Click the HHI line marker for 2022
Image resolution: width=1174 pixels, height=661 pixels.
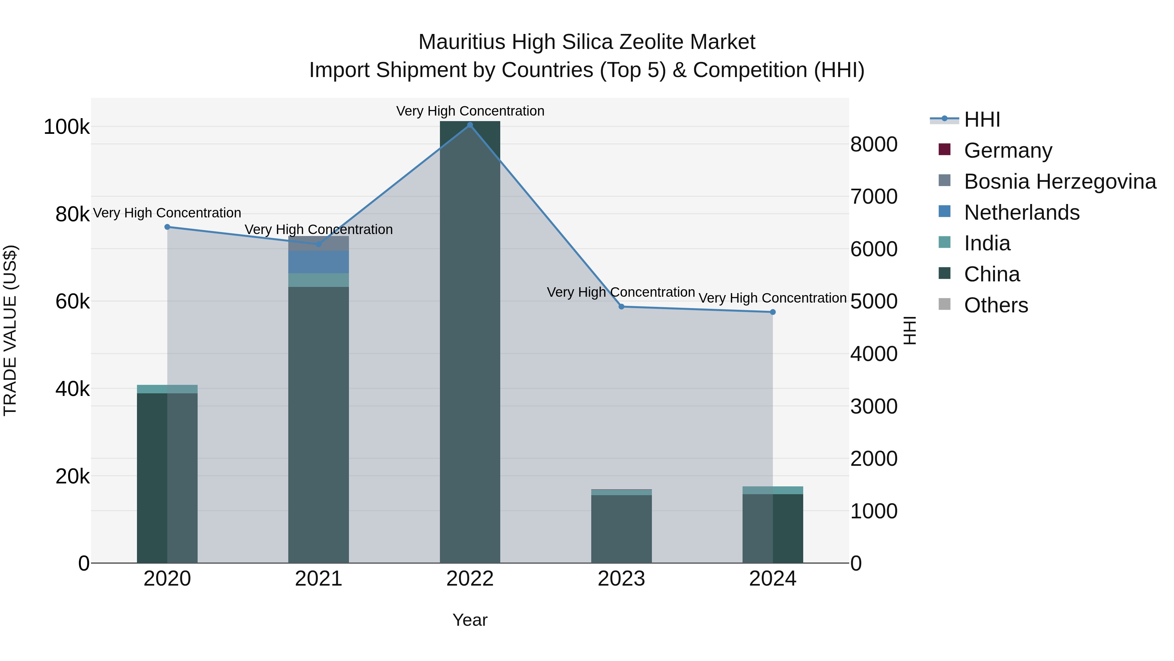tap(470, 125)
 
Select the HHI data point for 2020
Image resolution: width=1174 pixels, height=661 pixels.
tap(167, 227)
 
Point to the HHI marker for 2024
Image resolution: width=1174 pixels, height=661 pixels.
tap(773, 312)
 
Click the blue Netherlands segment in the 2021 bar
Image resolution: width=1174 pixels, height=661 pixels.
tap(319, 262)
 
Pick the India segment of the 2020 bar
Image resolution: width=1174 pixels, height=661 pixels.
tap(167, 389)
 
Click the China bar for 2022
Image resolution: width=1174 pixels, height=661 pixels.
tap(470, 342)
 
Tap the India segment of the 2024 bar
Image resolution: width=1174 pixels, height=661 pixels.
tap(773, 490)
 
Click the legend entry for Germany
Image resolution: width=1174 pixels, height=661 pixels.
tap(1008, 150)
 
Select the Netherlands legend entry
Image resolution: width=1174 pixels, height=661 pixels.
tap(1021, 212)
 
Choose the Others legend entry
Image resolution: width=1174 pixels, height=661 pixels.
tap(996, 305)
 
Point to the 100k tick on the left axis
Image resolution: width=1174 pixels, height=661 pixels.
tap(67, 127)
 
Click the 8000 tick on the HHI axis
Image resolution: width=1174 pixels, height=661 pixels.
tap(874, 145)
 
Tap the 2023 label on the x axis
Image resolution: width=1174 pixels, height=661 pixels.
tap(621, 579)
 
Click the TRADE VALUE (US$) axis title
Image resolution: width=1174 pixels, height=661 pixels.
tap(10, 330)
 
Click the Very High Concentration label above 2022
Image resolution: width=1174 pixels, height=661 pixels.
tap(470, 111)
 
